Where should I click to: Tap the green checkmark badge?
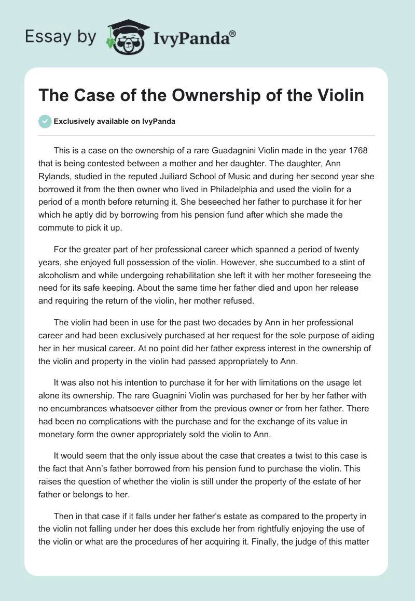coord(45,121)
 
